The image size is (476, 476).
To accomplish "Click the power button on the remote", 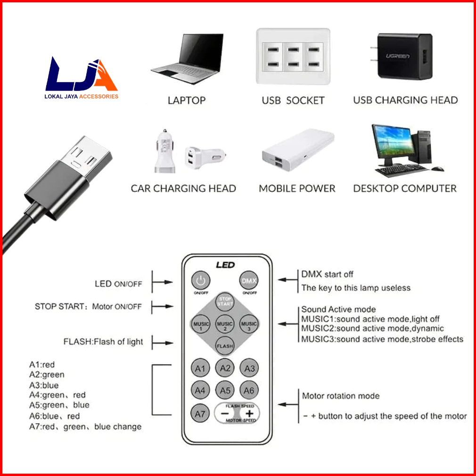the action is [201, 281].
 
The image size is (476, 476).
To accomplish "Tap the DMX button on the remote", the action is [249, 281].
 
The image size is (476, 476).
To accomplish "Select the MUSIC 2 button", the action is [225, 324].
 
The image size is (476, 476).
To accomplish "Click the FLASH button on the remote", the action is [225, 346].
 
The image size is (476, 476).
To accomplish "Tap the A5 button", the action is [225, 390].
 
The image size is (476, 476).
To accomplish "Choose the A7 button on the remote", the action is [201, 414].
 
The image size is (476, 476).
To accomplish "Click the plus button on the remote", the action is [249, 413].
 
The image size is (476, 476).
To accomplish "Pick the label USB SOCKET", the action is [293, 100].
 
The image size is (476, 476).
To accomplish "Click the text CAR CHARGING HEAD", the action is [183, 189].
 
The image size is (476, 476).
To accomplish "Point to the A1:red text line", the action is [42, 364].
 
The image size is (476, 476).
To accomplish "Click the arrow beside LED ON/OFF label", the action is [162, 283].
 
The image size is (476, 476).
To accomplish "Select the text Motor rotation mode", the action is [340, 396].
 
